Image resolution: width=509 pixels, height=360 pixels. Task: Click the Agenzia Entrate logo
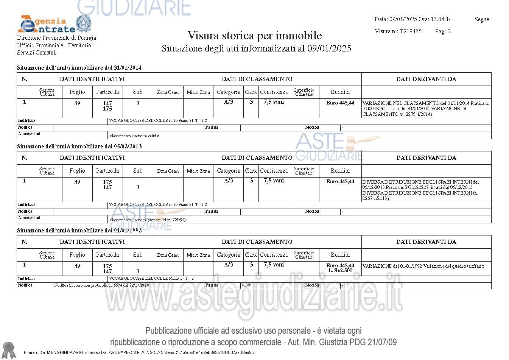(x=54, y=25)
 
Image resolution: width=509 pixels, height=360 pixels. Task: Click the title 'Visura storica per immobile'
(x=255, y=36)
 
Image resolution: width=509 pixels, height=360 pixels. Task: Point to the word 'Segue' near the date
(x=481, y=19)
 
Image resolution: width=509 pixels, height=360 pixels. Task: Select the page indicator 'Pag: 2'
(x=443, y=31)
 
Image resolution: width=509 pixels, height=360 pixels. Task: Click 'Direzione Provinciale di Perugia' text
(x=56, y=38)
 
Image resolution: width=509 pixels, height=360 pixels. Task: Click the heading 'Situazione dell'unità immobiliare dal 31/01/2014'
(x=79, y=68)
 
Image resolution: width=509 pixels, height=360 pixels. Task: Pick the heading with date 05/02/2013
(x=79, y=146)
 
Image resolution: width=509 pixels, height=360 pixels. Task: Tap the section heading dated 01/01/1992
(x=79, y=231)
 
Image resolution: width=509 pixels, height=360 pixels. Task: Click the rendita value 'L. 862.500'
(x=340, y=271)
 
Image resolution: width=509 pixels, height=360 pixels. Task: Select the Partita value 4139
(x=246, y=285)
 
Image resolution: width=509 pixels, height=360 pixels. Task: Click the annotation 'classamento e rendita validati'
(x=135, y=136)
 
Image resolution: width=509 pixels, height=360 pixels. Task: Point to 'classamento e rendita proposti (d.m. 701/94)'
(x=147, y=220)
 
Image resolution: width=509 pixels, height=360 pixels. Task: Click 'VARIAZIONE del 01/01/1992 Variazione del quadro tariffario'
(x=423, y=266)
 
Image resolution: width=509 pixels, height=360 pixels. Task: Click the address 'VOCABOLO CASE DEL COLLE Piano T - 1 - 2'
(x=151, y=279)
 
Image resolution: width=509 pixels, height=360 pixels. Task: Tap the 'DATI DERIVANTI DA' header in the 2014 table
(x=426, y=79)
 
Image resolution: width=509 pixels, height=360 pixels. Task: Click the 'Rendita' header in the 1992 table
(x=340, y=255)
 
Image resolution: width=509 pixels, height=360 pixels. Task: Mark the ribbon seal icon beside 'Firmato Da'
(x=8, y=350)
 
